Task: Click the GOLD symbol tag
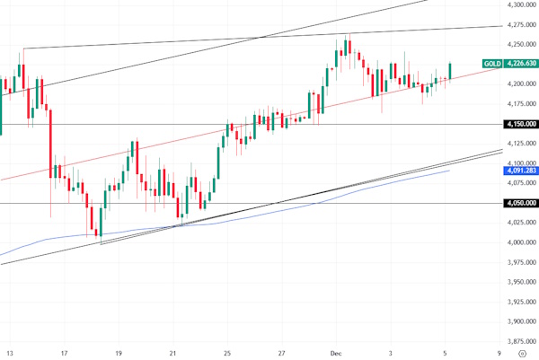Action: pyautogui.click(x=492, y=64)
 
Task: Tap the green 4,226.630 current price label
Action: pyautogui.click(x=522, y=64)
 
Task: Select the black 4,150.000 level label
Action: pyautogui.click(x=522, y=124)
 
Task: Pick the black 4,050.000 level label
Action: pyautogui.click(x=522, y=203)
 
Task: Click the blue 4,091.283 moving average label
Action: pyautogui.click(x=522, y=170)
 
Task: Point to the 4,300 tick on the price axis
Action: pyautogui.click(x=520, y=5)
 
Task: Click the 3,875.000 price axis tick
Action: pyautogui.click(x=522, y=340)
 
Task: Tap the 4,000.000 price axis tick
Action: pyautogui.click(x=522, y=241)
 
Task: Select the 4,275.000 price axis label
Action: pyautogui.click(x=522, y=25)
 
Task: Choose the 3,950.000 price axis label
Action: pyautogui.click(x=522, y=281)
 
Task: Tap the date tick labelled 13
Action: pyautogui.click(x=10, y=353)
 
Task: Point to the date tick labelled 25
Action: pyautogui.click(x=228, y=353)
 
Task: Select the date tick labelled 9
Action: pyautogui.click(x=499, y=353)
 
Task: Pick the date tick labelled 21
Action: pyautogui.click(x=173, y=353)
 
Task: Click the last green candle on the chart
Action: pyautogui.click(x=450, y=70)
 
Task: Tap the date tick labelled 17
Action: pyautogui.click(x=65, y=353)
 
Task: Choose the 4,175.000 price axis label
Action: pyautogui.click(x=522, y=104)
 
